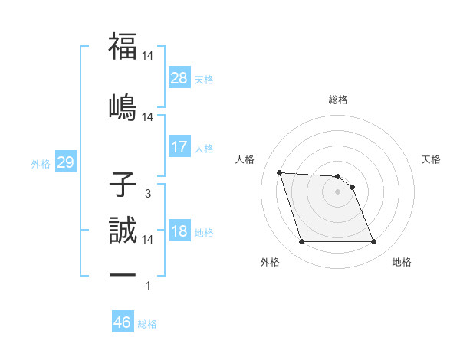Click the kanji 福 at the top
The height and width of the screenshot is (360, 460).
click(123, 45)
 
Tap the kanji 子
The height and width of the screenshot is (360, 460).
click(123, 185)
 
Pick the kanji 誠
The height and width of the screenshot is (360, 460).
click(123, 228)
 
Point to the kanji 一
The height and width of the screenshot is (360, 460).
click(123, 274)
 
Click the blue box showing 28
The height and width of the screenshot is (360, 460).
click(179, 78)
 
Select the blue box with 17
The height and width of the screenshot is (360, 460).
click(179, 147)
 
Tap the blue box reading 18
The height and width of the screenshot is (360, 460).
click(179, 232)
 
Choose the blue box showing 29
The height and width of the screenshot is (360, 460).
click(65, 163)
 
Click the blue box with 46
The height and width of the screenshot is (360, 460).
click(123, 322)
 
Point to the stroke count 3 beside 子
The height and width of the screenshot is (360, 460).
click(148, 194)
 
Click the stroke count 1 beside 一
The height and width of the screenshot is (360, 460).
click(148, 286)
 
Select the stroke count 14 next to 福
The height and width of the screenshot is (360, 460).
click(148, 56)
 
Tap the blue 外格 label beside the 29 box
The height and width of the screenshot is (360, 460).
click(41, 164)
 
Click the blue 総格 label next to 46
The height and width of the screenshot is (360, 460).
click(148, 324)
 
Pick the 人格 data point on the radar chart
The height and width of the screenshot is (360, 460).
click(280, 172)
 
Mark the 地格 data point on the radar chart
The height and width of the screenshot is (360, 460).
click(373, 242)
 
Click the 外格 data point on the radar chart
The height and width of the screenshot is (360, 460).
click(301, 242)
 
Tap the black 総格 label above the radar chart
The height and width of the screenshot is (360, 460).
click(338, 100)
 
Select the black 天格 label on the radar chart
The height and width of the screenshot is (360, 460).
click(431, 159)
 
